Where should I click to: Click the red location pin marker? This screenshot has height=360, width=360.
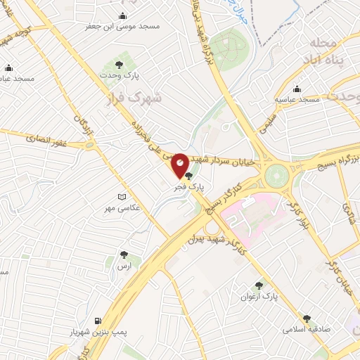180,165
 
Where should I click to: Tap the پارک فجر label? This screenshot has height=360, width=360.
189,188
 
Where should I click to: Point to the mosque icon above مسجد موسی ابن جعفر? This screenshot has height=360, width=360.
124,16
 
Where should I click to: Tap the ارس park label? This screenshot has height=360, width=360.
124,266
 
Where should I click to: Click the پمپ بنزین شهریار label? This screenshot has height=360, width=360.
92,331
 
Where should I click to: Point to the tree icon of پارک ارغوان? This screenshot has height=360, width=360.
259,285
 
